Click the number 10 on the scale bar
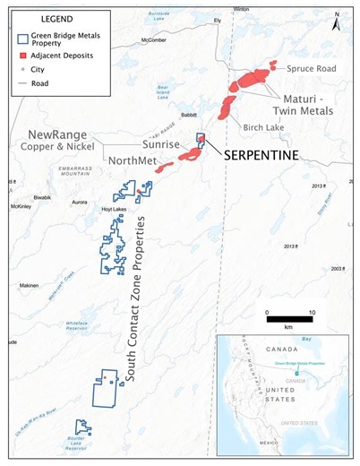[310, 313]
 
